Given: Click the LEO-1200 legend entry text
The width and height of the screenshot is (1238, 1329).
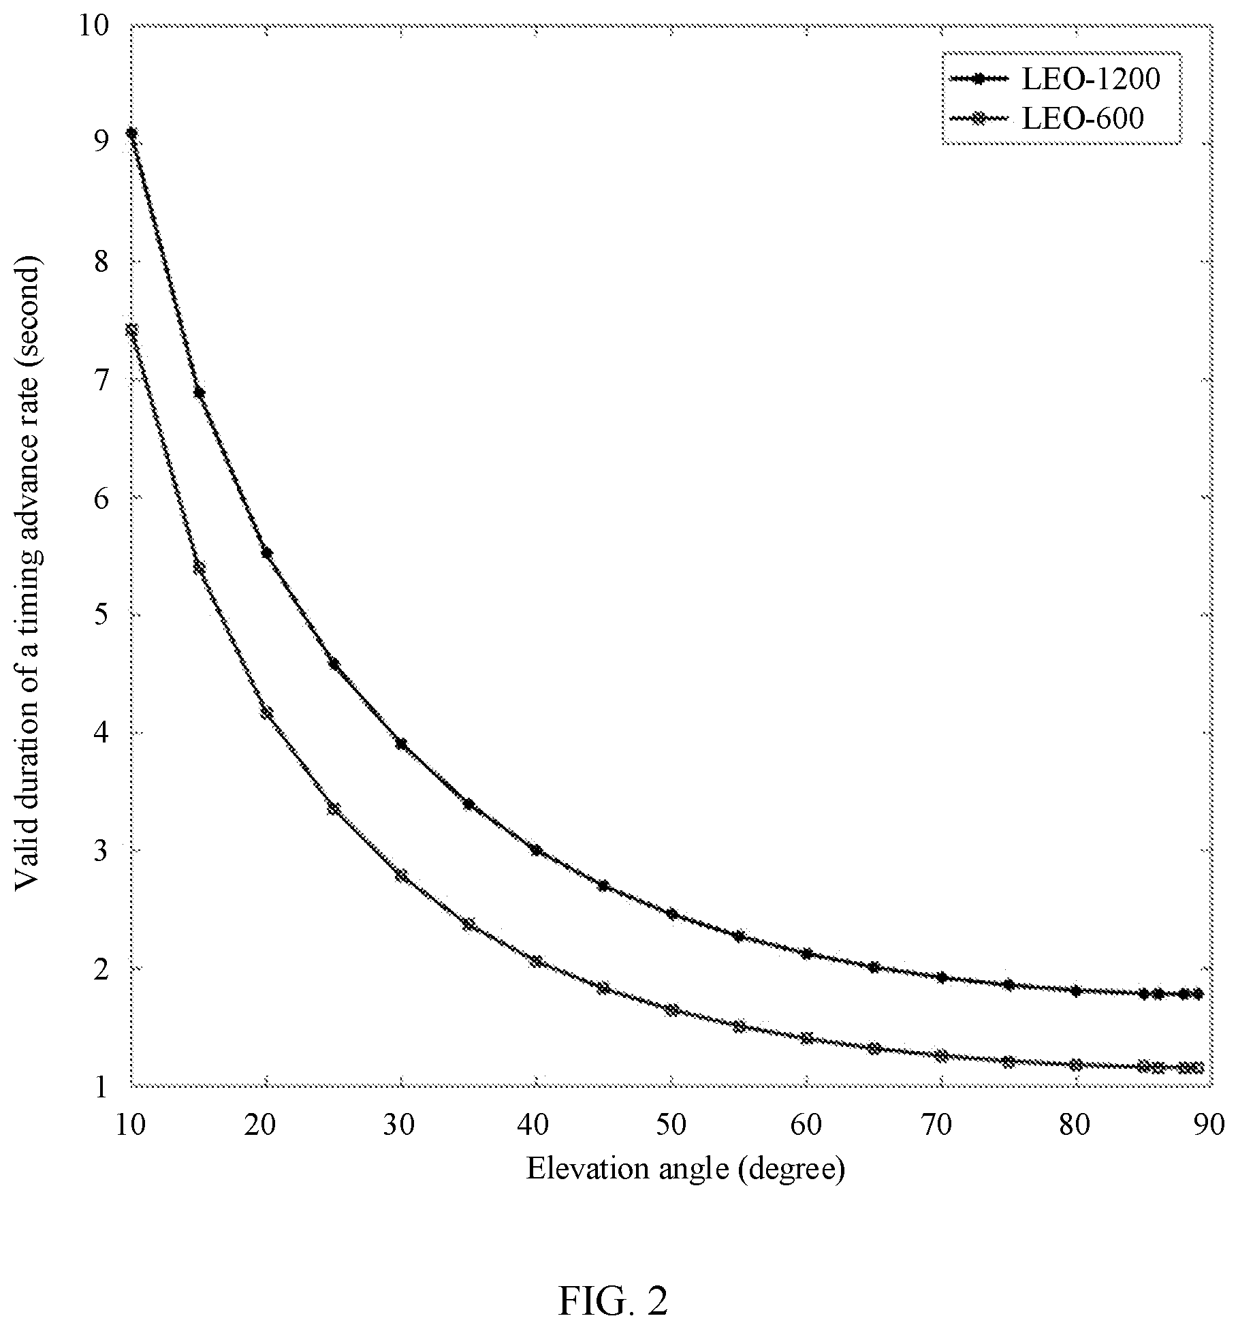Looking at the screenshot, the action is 1090,80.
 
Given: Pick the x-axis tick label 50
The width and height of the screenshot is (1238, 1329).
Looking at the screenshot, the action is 671,1125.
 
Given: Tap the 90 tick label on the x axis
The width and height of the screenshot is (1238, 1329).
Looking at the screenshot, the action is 1209,1125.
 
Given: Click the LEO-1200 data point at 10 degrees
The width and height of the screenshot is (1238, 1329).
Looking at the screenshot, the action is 131,134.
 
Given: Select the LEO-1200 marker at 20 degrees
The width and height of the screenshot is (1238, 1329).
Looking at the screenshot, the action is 266,553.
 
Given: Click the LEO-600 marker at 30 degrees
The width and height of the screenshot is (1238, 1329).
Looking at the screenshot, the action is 402,875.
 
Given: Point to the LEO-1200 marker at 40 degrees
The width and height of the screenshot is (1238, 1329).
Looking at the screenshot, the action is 537,851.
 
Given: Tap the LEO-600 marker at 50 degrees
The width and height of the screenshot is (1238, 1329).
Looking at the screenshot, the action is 671,1010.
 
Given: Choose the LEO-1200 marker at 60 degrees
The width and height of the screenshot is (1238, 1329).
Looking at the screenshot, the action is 806,954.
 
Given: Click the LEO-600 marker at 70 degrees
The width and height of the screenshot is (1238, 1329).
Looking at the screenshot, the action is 941,1056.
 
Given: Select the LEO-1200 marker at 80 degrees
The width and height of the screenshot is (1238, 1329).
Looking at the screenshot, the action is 1076,991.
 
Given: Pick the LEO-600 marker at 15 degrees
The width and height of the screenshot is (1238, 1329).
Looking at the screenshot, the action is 199,567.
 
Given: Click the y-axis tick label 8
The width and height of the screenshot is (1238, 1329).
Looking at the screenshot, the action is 101,263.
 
